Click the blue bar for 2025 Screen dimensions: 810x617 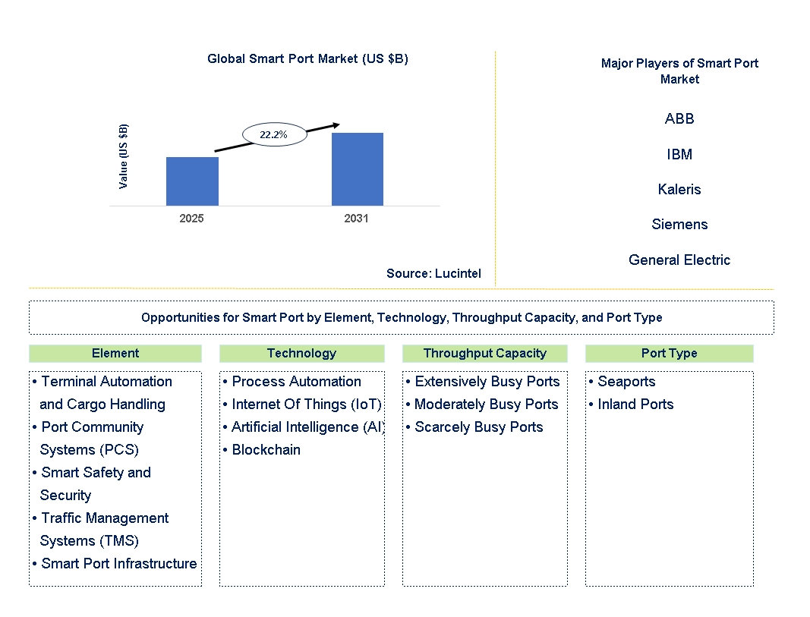pos(192,181)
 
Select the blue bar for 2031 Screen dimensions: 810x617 pos(358,169)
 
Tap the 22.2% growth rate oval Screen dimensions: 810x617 pos(274,134)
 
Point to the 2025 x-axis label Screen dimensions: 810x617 pos(191,219)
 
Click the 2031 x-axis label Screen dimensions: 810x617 pos(357,219)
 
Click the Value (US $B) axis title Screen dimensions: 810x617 pos(123,156)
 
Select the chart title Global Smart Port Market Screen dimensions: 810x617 pos(308,59)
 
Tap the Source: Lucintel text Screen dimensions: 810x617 pos(433,273)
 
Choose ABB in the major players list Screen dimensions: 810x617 pos(679,118)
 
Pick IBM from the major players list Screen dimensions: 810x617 pos(679,154)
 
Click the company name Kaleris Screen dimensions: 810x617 pos(679,190)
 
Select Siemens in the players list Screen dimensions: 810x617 pos(679,225)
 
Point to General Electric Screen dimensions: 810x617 pos(679,260)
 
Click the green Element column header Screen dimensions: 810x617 pos(115,353)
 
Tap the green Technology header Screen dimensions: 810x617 pos(301,353)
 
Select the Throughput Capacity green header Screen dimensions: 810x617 pos(484,353)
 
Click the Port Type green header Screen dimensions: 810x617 pos(669,353)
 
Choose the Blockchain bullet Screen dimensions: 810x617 pos(262,450)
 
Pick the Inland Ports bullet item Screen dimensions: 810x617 pos(632,405)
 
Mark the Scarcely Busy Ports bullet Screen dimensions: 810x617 pos(474,427)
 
